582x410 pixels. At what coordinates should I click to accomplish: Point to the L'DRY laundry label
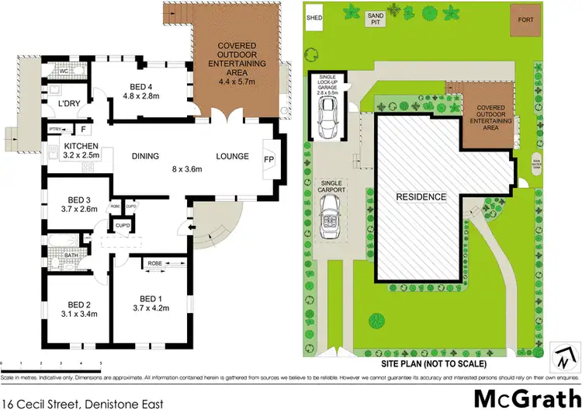pos(61,103)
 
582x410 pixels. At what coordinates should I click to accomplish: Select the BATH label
pos(71,255)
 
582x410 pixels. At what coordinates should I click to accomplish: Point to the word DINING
pos(145,156)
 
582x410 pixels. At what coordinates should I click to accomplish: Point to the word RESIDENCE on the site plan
pos(422,197)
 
